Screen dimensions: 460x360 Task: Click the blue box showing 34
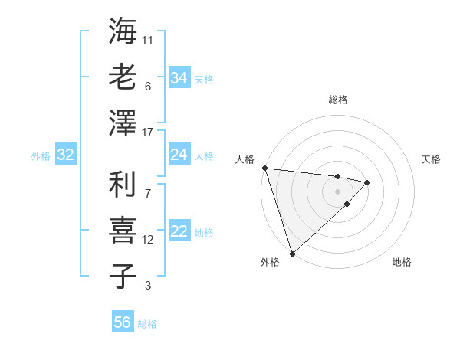[179, 77]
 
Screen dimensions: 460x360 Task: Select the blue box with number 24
[179, 155]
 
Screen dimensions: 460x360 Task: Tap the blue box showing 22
[179, 232]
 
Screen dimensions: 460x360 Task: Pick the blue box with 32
[65, 155]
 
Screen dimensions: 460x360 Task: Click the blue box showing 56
[122, 322]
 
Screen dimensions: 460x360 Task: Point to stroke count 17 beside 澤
[148, 133]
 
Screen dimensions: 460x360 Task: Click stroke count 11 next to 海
[148, 38]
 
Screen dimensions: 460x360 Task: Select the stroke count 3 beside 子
[148, 286]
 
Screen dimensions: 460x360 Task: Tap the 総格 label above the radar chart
[338, 100]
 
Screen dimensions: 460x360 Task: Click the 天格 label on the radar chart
[432, 159]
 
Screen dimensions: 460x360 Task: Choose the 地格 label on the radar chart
[402, 263]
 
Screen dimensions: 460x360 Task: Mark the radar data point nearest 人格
[264, 168]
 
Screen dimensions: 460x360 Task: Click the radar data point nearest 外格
[292, 252]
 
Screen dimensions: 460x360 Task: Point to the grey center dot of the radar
[337, 191]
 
